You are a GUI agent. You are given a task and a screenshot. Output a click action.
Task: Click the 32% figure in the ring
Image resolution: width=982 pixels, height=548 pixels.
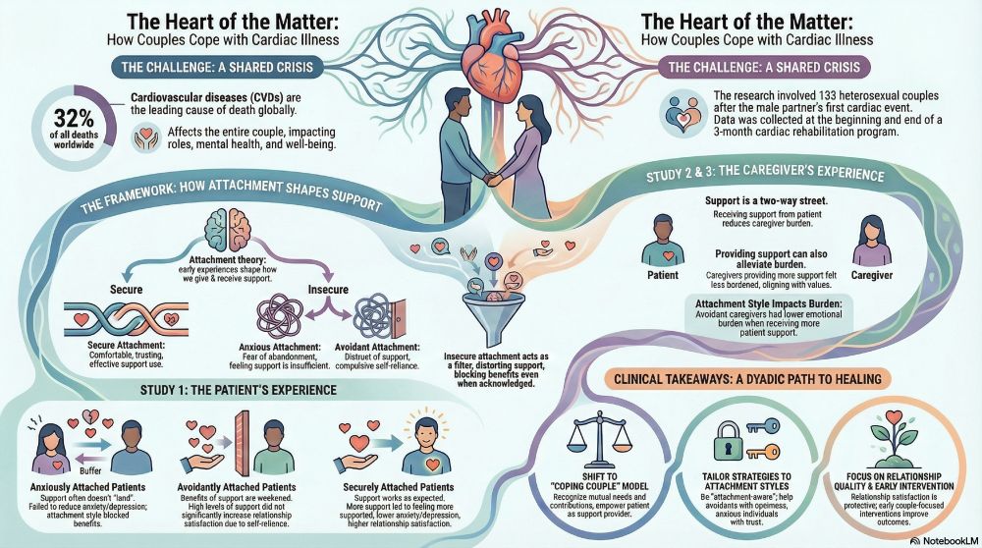[x=74, y=119]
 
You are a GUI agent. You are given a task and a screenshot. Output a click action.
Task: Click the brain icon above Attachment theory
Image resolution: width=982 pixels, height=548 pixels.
[x=227, y=231]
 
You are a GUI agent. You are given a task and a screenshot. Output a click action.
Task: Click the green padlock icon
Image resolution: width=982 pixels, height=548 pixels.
[x=727, y=441]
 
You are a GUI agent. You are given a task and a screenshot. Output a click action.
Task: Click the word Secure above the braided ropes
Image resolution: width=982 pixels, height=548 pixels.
[x=126, y=290]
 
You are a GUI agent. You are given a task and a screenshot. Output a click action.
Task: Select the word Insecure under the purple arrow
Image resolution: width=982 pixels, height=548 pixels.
[x=328, y=290]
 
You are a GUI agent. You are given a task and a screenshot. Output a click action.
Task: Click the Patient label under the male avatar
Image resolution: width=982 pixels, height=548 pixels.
[x=663, y=275]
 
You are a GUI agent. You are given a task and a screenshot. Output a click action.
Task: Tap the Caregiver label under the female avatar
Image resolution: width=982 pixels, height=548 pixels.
[x=872, y=275]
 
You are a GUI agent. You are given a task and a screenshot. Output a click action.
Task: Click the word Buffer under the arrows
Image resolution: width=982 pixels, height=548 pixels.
[x=91, y=471]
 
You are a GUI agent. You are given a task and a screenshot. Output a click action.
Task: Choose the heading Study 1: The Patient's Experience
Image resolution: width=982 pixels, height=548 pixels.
[x=238, y=390]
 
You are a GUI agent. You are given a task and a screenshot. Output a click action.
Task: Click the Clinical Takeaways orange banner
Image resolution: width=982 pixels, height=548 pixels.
[x=747, y=379]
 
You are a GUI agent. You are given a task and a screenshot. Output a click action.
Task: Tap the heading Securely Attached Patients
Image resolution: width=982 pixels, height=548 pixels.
[x=399, y=487]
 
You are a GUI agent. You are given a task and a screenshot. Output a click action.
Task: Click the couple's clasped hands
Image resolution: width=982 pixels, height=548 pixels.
[x=492, y=178]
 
